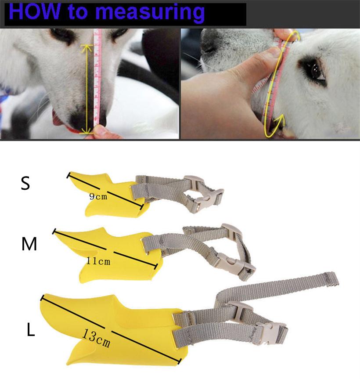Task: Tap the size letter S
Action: pos(25,184)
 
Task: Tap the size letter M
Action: pos(29,244)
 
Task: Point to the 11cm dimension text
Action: pos(98,261)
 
